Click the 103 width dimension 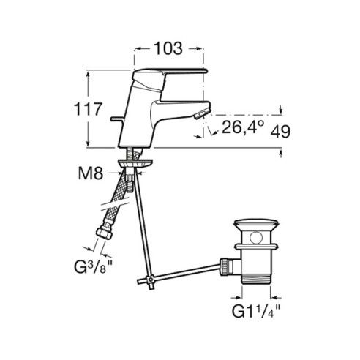(168, 48)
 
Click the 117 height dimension (88, 109)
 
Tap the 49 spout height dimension (280, 132)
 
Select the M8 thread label (91, 173)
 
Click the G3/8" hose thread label (93, 267)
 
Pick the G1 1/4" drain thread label (256, 311)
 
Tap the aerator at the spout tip (202, 113)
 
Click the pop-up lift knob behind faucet (117, 119)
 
